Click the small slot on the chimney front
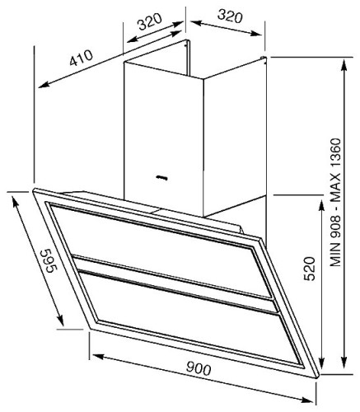(x=160, y=176)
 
